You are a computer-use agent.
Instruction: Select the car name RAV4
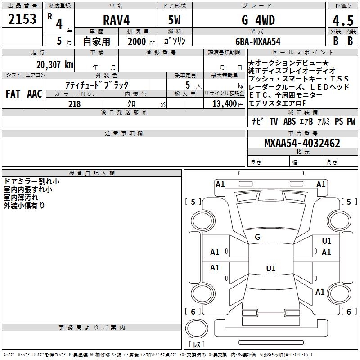point(116,20)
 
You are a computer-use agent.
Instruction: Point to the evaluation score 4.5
point(342,20)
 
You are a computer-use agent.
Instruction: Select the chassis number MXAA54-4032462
point(302,144)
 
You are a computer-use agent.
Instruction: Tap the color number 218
point(74,104)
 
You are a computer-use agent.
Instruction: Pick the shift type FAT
point(13,94)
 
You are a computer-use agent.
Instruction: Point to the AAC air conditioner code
point(34,94)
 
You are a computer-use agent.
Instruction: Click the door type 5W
point(175,20)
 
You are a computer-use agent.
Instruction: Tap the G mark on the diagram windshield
point(257,237)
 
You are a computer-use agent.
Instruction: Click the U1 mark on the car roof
point(270,269)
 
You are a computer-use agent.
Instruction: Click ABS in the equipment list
point(290,121)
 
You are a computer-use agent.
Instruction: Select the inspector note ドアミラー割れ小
point(31,181)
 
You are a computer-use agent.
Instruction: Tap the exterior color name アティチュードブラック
point(97,85)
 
